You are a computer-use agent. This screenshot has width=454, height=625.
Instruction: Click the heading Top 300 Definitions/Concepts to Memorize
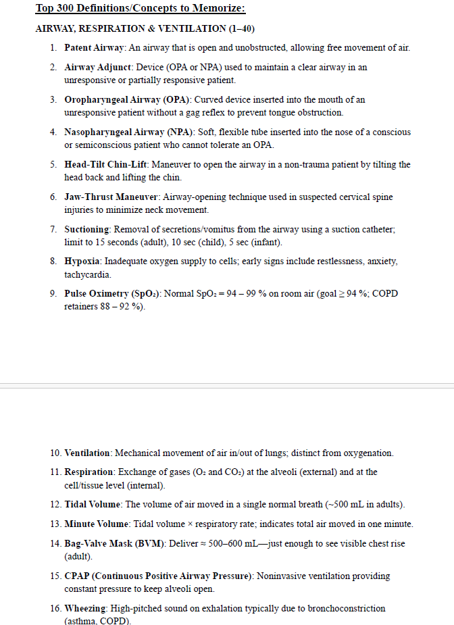(140, 9)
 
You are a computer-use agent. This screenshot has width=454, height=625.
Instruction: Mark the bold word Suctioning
(87, 230)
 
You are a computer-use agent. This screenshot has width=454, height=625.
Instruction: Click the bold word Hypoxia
(82, 261)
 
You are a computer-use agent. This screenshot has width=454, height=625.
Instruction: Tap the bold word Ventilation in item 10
(88, 453)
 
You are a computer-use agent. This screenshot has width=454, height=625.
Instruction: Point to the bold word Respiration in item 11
(88, 472)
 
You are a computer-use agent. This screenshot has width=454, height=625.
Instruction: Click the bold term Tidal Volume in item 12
(93, 505)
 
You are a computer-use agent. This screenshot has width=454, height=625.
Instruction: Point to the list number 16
(55, 609)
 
